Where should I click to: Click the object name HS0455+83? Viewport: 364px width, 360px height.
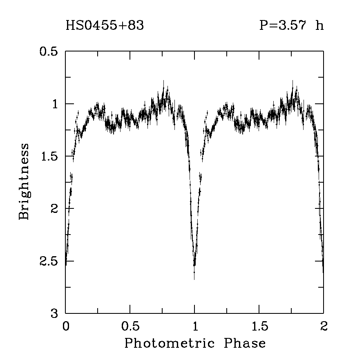[105, 26]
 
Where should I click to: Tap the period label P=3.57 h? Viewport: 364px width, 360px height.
[291, 26]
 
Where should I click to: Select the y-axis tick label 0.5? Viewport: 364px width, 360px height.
[48, 52]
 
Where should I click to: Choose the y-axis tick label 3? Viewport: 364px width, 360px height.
[55, 313]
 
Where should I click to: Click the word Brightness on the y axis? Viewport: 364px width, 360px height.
[25, 181]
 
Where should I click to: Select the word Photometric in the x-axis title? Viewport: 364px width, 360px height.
[169, 343]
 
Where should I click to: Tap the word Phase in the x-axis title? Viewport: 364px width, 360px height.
[245, 343]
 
